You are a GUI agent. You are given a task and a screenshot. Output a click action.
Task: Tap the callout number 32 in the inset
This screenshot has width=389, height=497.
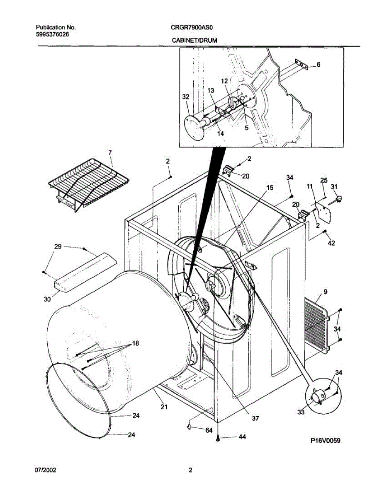pyautogui.click(x=185, y=97)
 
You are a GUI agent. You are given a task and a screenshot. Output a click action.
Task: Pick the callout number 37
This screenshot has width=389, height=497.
pyautogui.click(x=255, y=418)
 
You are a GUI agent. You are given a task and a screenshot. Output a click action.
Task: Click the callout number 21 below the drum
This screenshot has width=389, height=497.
pyautogui.click(x=164, y=407)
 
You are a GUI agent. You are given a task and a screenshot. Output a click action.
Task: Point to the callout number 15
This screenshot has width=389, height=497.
pyautogui.click(x=270, y=188)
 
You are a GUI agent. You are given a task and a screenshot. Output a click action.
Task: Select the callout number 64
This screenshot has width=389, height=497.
pyautogui.click(x=209, y=430)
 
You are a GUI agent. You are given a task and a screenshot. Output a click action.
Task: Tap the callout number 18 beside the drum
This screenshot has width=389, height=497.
pyautogui.click(x=136, y=343)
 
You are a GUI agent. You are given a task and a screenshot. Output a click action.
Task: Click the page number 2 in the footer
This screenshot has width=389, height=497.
pyautogui.click(x=190, y=470)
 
